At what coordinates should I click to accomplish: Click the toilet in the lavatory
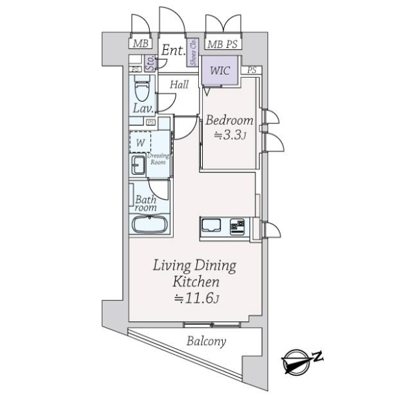click(142, 88)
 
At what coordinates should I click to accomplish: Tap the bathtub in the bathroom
click(150, 224)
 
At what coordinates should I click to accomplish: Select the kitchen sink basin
click(211, 225)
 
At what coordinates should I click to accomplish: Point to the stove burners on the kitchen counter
click(237, 227)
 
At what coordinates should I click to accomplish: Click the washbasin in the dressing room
click(138, 165)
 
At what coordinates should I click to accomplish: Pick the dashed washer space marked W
click(140, 142)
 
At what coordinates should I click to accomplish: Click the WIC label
click(220, 70)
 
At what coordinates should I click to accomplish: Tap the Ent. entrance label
click(174, 50)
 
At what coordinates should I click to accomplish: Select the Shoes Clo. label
click(193, 52)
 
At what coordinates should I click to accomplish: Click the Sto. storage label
click(150, 63)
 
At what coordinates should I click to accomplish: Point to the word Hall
click(180, 84)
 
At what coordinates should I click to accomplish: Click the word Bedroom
click(229, 120)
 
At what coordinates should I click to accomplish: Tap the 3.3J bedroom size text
click(230, 136)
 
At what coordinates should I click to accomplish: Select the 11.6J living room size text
click(196, 298)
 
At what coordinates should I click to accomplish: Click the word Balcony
click(206, 341)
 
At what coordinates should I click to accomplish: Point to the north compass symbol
click(301, 362)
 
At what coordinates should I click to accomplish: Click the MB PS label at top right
click(222, 45)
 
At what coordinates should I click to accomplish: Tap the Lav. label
click(144, 108)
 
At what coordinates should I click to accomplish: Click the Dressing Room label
click(158, 159)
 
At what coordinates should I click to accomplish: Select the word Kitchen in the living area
click(196, 282)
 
